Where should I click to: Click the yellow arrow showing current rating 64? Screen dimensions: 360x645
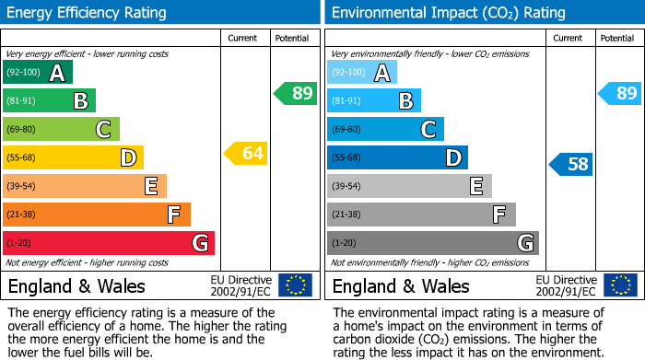[245, 154]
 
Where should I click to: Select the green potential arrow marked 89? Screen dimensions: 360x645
[295, 93]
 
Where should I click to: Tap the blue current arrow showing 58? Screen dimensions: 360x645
[570, 165]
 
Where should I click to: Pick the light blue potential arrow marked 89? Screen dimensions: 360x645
[619, 93]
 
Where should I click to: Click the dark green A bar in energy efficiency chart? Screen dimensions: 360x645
[38, 73]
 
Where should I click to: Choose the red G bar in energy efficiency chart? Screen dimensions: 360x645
[109, 243]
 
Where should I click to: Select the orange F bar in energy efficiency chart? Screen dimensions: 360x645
[97, 215]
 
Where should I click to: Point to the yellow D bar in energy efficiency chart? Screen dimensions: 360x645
[73, 157]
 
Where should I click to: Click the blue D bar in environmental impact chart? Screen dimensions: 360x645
[397, 157]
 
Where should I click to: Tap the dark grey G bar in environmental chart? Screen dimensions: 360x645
[432, 243]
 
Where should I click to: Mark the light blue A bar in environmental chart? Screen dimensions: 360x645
[362, 73]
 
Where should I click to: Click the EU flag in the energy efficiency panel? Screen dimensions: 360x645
[295, 285]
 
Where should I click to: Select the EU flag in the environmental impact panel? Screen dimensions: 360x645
[619, 285]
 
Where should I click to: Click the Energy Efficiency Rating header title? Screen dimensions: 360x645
[88, 13]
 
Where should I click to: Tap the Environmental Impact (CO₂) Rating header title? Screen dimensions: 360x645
[448, 13]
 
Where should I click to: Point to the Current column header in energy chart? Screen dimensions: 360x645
[244, 38]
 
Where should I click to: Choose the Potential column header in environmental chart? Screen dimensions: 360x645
[617, 38]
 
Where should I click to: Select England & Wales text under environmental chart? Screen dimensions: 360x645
[401, 285]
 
